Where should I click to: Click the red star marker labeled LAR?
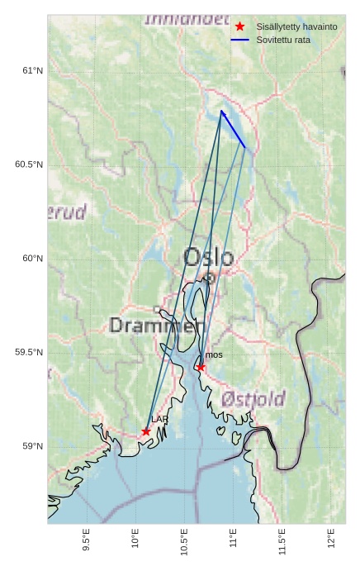tap(146, 431)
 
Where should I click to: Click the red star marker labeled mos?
tap(201, 367)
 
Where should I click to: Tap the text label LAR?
tap(159, 420)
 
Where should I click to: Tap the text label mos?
tap(214, 354)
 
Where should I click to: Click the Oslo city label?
tap(208, 257)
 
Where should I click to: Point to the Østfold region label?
tap(253, 399)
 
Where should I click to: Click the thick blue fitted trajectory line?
tap(233, 129)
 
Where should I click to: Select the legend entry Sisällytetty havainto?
tap(296, 26)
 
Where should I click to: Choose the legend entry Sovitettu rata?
tap(283, 40)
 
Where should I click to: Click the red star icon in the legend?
tap(239, 26)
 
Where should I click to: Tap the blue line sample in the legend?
tap(239, 40)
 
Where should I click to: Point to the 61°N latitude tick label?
tap(32, 71)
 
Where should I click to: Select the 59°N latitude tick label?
tap(32, 446)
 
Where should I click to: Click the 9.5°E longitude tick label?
tap(87, 539)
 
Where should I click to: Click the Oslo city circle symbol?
tap(210, 278)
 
